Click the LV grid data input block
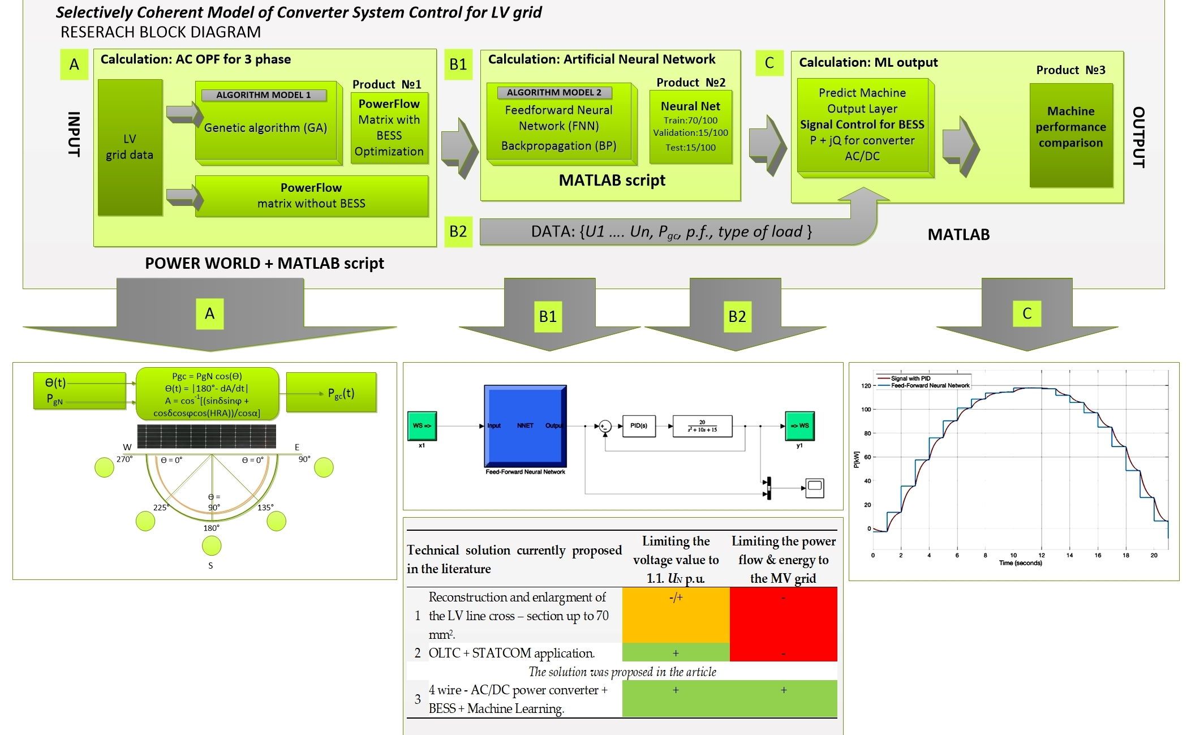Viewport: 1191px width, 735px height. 130,147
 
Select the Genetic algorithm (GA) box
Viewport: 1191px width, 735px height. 266,128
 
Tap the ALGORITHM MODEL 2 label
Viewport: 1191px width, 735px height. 553,92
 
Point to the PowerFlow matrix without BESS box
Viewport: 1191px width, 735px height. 311,196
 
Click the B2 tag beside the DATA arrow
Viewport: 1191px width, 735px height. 458,231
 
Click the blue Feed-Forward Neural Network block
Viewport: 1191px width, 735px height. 525,425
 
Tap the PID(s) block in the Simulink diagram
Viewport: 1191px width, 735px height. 639,425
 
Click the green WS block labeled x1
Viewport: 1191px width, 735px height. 422,425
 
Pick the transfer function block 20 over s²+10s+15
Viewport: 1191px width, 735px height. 702,426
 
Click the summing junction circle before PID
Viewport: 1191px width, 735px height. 605,426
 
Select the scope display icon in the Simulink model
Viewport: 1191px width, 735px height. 814,487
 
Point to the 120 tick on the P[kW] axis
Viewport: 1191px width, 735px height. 866,386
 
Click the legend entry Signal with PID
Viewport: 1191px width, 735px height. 910,379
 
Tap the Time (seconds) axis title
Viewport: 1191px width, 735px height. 1020,563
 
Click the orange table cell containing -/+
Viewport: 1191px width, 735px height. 676,614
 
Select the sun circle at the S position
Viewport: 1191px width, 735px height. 212,546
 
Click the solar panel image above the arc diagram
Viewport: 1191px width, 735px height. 207,436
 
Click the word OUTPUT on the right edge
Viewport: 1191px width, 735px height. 1138,137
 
